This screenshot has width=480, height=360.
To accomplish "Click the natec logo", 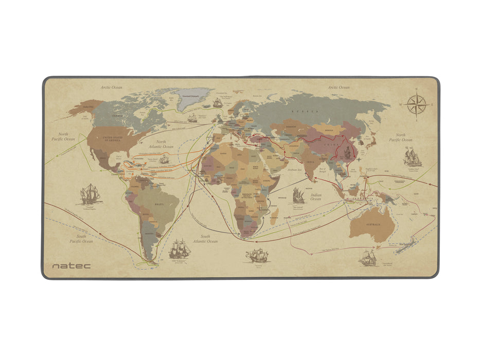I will [71, 266].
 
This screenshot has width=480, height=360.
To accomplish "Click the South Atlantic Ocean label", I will [205, 239].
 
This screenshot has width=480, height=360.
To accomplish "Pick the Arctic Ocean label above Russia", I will [339, 87].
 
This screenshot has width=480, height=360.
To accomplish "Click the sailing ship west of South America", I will [89, 194].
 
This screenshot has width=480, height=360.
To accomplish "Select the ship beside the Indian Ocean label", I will [298, 195].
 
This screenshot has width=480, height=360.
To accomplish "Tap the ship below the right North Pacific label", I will [412, 156].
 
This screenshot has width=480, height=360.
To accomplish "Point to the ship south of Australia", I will [368, 257].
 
